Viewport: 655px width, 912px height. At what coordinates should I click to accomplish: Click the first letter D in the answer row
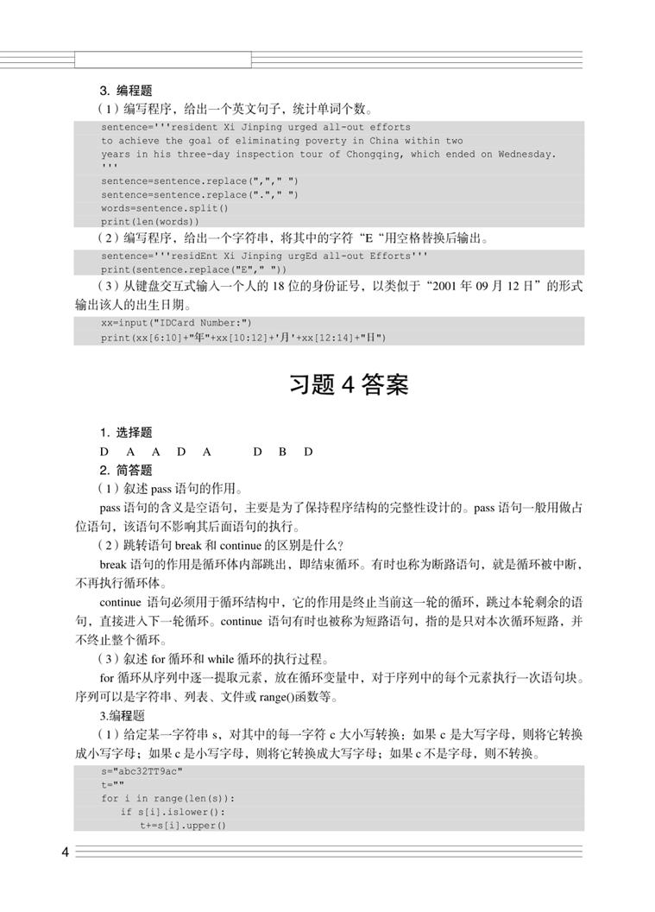[104, 452]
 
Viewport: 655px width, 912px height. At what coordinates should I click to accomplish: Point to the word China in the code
[377, 141]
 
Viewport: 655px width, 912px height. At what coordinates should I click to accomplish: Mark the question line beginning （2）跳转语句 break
[221, 544]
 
